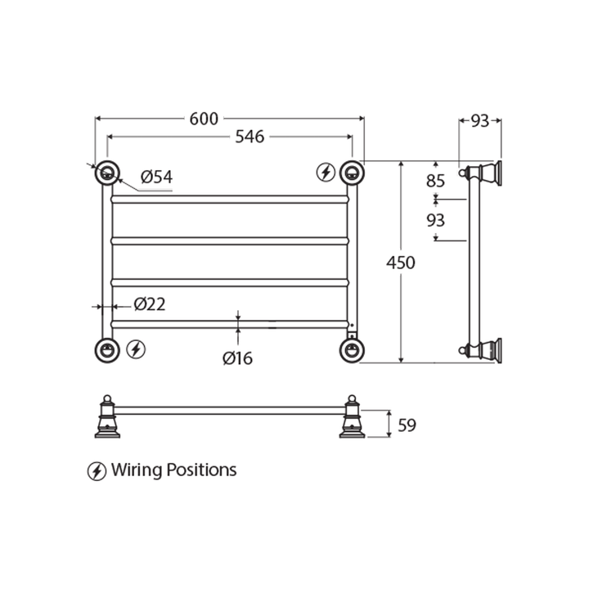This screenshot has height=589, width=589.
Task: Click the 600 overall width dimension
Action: [204, 119]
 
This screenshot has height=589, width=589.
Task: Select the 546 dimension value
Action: [250, 137]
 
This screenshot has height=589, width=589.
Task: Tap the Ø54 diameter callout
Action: [156, 176]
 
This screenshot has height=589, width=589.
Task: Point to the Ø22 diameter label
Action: [149, 304]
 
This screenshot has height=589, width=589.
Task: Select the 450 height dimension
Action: [401, 263]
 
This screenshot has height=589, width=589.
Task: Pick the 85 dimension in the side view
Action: [435, 181]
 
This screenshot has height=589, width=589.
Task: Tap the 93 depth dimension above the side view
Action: [480, 121]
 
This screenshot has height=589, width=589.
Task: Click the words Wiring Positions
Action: [173, 470]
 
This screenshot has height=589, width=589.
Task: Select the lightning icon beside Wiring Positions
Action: [97, 471]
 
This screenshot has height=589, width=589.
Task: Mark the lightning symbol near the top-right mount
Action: [326, 172]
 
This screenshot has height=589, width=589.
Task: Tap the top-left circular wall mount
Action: [107, 173]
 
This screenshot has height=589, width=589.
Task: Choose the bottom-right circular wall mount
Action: [352, 349]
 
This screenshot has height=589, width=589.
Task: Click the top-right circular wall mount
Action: [352, 173]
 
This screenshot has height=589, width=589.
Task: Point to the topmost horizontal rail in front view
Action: [229, 199]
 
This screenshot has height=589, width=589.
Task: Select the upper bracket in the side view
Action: [483, 173]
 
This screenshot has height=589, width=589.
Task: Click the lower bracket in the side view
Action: [483, 349]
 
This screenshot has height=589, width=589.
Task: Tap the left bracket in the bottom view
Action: [106, 417]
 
